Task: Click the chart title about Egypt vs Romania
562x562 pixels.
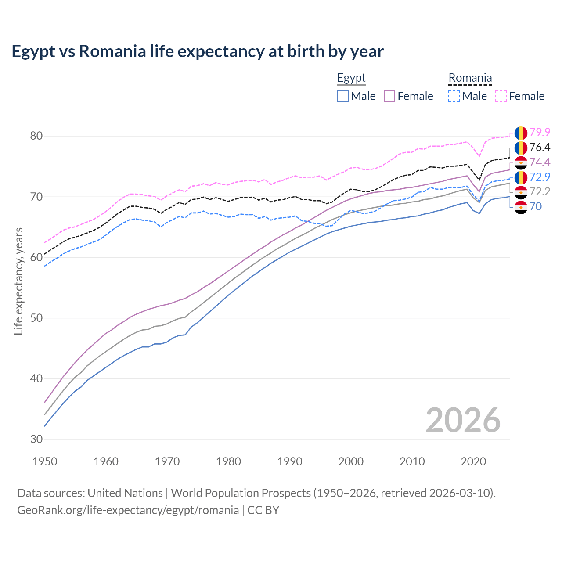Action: (198, 51)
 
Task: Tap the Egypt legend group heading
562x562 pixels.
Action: (351, 78)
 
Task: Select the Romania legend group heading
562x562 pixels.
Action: (470, 78)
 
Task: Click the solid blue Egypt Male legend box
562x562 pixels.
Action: (343, 96)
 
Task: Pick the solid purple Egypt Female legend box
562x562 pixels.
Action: (390, 96)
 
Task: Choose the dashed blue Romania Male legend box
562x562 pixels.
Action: (454, 96)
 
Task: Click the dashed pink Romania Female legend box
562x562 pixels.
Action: (501, 96)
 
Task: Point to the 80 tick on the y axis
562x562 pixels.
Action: (36, 136)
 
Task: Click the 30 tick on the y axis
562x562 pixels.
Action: (36, 439)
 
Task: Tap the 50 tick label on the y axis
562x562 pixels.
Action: (36, 318)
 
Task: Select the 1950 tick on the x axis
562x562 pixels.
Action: (45, 461)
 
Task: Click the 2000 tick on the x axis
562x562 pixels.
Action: (351, 461)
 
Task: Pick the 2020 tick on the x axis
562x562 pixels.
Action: (473, 461)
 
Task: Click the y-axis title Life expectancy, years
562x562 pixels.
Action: (19, 281)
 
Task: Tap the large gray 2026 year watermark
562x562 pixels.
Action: (463, 420)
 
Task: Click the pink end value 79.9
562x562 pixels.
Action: (540, 132)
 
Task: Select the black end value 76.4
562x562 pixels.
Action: (540, 147)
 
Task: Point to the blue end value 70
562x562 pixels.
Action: (535, 206)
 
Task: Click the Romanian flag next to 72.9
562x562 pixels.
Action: (521, 177)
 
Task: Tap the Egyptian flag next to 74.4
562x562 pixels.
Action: (521, 162)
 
